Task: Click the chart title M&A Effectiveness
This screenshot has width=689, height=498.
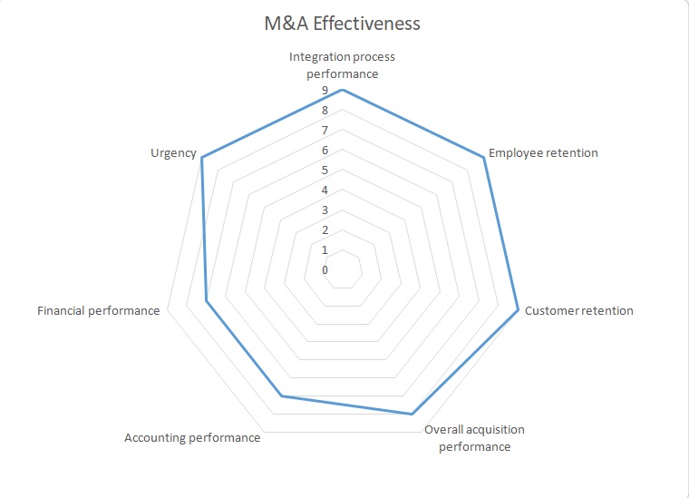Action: pos(342,24)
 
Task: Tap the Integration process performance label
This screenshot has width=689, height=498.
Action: pos(342,64)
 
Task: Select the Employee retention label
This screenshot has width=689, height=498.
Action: pos(543,152)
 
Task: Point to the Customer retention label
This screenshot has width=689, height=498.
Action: pos(579,310)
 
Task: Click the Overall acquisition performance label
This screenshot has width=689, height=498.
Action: pos(474,438)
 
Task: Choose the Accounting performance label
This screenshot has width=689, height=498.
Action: pos(192,438)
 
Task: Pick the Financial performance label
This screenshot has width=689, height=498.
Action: pos(98,310)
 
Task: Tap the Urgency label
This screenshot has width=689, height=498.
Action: pos(173,152)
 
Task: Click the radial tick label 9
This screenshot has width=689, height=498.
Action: pos(325,91)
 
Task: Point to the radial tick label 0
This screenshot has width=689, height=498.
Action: pos(325,269)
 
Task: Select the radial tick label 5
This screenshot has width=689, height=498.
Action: pos(325,171)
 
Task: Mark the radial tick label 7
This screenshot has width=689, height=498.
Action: pos(325,131)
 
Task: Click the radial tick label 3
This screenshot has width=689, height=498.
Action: pos(325,210)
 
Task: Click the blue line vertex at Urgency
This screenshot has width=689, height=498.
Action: pos(202,158)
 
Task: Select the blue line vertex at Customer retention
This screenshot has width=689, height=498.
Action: pos(518,310)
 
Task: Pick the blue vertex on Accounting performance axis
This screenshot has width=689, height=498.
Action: pos(281,395)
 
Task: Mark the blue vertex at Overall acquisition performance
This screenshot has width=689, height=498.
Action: pos(412,414)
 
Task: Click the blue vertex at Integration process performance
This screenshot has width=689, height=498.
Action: pos(342,90)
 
